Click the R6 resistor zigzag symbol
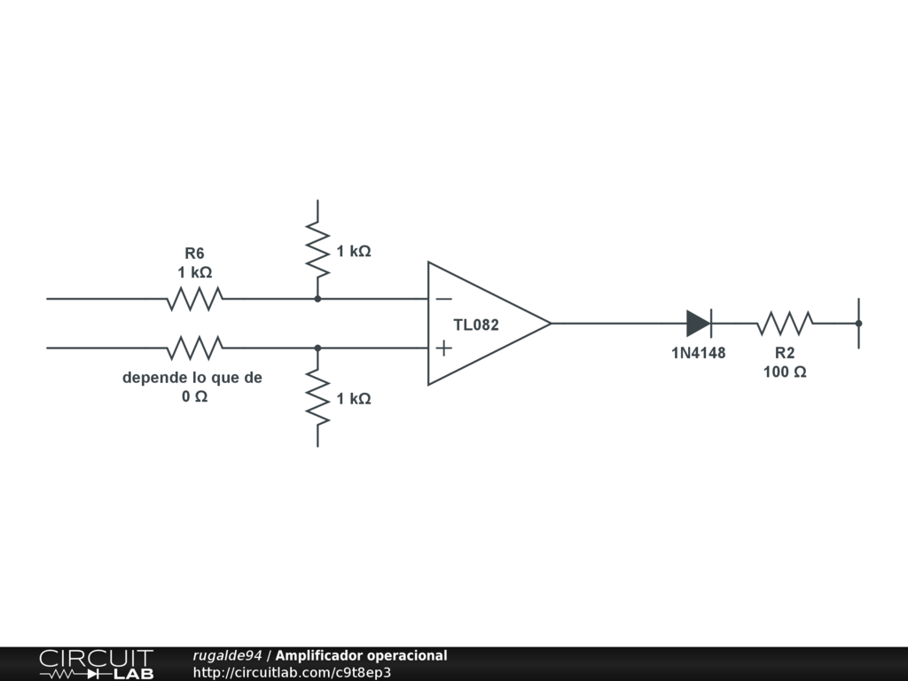pyautogui.click(x=194, y=299)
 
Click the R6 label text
pyautogui.click(x=194, y=253)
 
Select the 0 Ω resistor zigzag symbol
pyautogui.click(x=194, y=348)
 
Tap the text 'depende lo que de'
pyautogui.click(x=192, y=378)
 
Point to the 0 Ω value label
pyautogui.click(x=194, y=396)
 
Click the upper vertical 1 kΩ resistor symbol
pyautogui.click(x=317, y=250)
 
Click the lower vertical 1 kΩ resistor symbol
pyautogui.click(x=317, y=398)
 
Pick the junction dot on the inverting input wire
pyautogui.click(x=317, y=299)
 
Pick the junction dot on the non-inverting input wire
pyautogui.click(x=317, y=348)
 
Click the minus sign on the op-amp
pyautogui.click(x=443, y=299)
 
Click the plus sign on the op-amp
pyautogui.click(x=443, y=348)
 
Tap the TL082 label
pyautogui.click(x=476, y=325)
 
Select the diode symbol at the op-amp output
pyautogui.click(x=699, y=323)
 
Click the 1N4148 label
pyautogui.click(x=699, y=353)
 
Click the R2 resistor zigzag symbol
pyautogui.click(x=785, y=323)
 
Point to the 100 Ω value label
pyautogui.click(x=785, y=372)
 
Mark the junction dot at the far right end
pyautogui.click(x=858, y=323)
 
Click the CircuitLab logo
pyautogui.click(x=97, y=664)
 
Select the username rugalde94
pyautogui.click(x=227, y=655)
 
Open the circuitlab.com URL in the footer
pyautogui.click(x=292, y=672)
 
